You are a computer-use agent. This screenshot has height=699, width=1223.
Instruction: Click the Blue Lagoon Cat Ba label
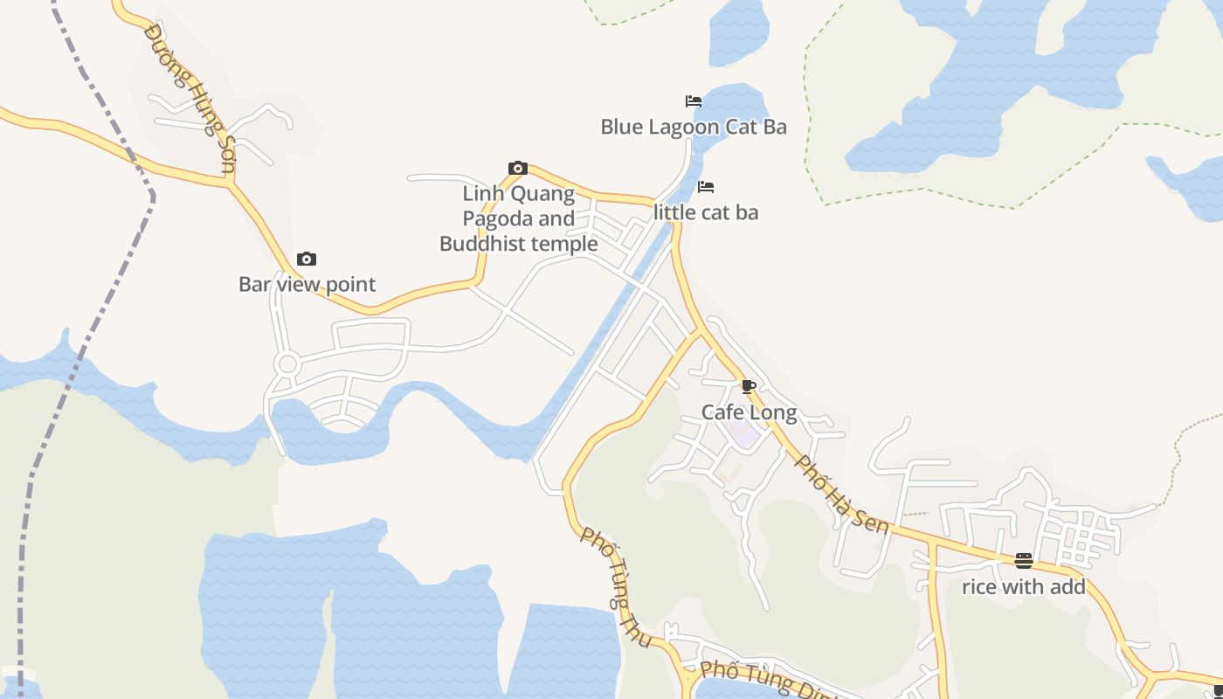pos(693,128)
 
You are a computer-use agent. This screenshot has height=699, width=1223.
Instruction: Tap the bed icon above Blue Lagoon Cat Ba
pos(694,101)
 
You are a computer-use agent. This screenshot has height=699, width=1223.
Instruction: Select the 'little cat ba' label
pos(706,212)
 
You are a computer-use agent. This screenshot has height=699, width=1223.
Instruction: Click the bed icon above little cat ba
pos(706,187)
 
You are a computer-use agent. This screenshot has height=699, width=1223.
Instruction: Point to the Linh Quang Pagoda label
pos(519,218)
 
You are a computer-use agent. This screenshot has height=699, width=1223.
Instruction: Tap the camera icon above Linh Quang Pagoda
pos(518,168)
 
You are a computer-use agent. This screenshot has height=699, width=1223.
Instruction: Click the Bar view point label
pos(307,284)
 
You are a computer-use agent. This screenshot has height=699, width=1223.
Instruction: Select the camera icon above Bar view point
pos(307,259)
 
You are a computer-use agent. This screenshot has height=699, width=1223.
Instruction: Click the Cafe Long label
pos(749,412)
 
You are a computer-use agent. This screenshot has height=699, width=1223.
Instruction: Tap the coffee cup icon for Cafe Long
pos(749,386)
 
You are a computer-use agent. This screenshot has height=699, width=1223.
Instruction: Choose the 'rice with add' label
pos(1023,587)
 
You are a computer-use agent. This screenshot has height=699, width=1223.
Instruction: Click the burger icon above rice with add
pos(1024,561)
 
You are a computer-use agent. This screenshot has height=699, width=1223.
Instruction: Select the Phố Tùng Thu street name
pos(616,587)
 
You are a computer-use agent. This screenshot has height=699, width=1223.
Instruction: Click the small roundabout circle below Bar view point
pos(287,364)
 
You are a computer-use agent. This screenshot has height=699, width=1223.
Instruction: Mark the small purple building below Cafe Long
pos(745,434)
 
